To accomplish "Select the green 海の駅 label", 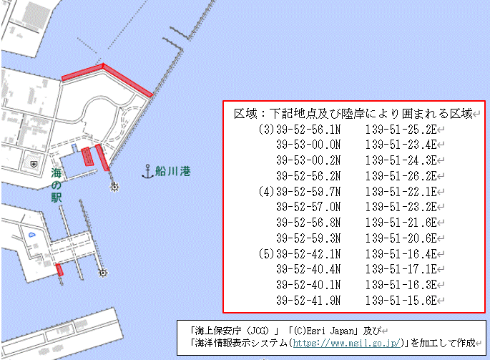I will tap(57, 185).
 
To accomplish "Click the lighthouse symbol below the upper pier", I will tap(113, 188).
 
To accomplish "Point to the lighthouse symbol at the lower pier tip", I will tap(103, 273).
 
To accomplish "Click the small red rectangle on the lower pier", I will tap(60, 270).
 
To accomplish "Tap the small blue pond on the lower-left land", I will tap(31, 235).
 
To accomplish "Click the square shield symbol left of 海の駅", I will tap(32, 164).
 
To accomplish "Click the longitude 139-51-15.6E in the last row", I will tap(401, 300).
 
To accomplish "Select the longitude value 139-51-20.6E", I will tap(401, 238).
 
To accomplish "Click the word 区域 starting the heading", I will tap(245, 114).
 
